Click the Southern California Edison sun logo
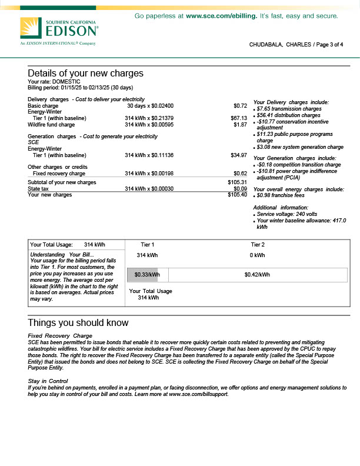click(x=31, y=28)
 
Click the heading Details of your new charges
click(x=85, y=74)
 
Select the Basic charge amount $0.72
click(x=240, y=106)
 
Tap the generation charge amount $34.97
click(x=239, y=155)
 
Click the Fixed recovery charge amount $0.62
click(x=240, y=174)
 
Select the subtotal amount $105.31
click(x=237, y=182)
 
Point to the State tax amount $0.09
click(x=240, y=188)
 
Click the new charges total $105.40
click(x=237, y=195)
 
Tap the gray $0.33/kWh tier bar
click(x=147, y=275)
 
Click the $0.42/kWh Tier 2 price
click(x=257, y=275)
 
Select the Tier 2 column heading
click(x=258, y=244)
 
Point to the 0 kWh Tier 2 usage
click(x=258, y=255)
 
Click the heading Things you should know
click(x=78, y=323)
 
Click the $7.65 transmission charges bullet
click(x=289, y=109)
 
